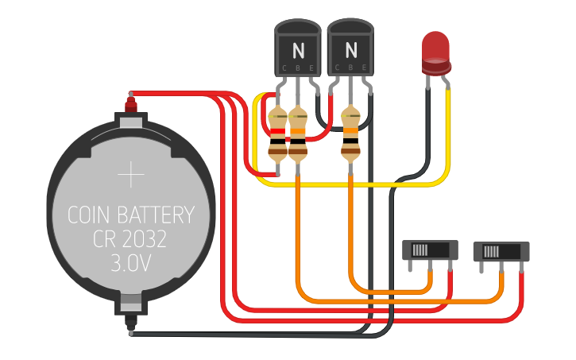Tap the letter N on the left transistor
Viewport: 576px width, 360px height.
(x=298, y=50)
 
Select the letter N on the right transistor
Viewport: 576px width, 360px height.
(x=351, y=50)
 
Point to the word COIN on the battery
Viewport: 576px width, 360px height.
(x=91, y=215)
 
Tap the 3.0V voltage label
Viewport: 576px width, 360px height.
(x=131, y=263)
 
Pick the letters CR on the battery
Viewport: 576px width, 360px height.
(x=106, y=239)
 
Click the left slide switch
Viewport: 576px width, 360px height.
(x=430, y=250)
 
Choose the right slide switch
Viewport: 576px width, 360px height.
(x=501, y=252)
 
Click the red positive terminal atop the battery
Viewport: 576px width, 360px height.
(x=131, y=103)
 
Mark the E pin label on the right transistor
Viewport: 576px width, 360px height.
(x=364, y=68)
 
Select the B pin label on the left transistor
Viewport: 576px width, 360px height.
(x=298, y=68)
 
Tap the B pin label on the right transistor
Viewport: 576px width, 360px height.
(x=351, y=68)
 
